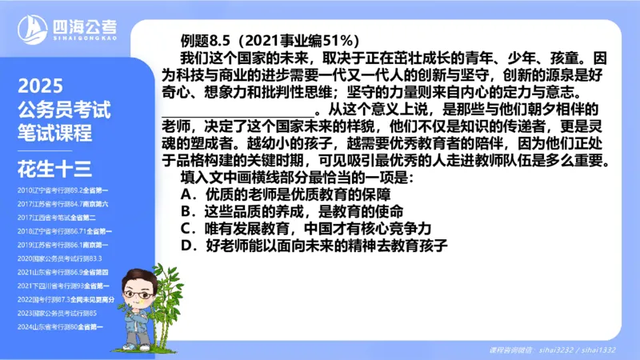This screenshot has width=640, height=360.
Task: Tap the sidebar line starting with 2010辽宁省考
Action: (63, 191)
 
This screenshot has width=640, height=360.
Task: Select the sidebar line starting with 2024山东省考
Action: (63, 326)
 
